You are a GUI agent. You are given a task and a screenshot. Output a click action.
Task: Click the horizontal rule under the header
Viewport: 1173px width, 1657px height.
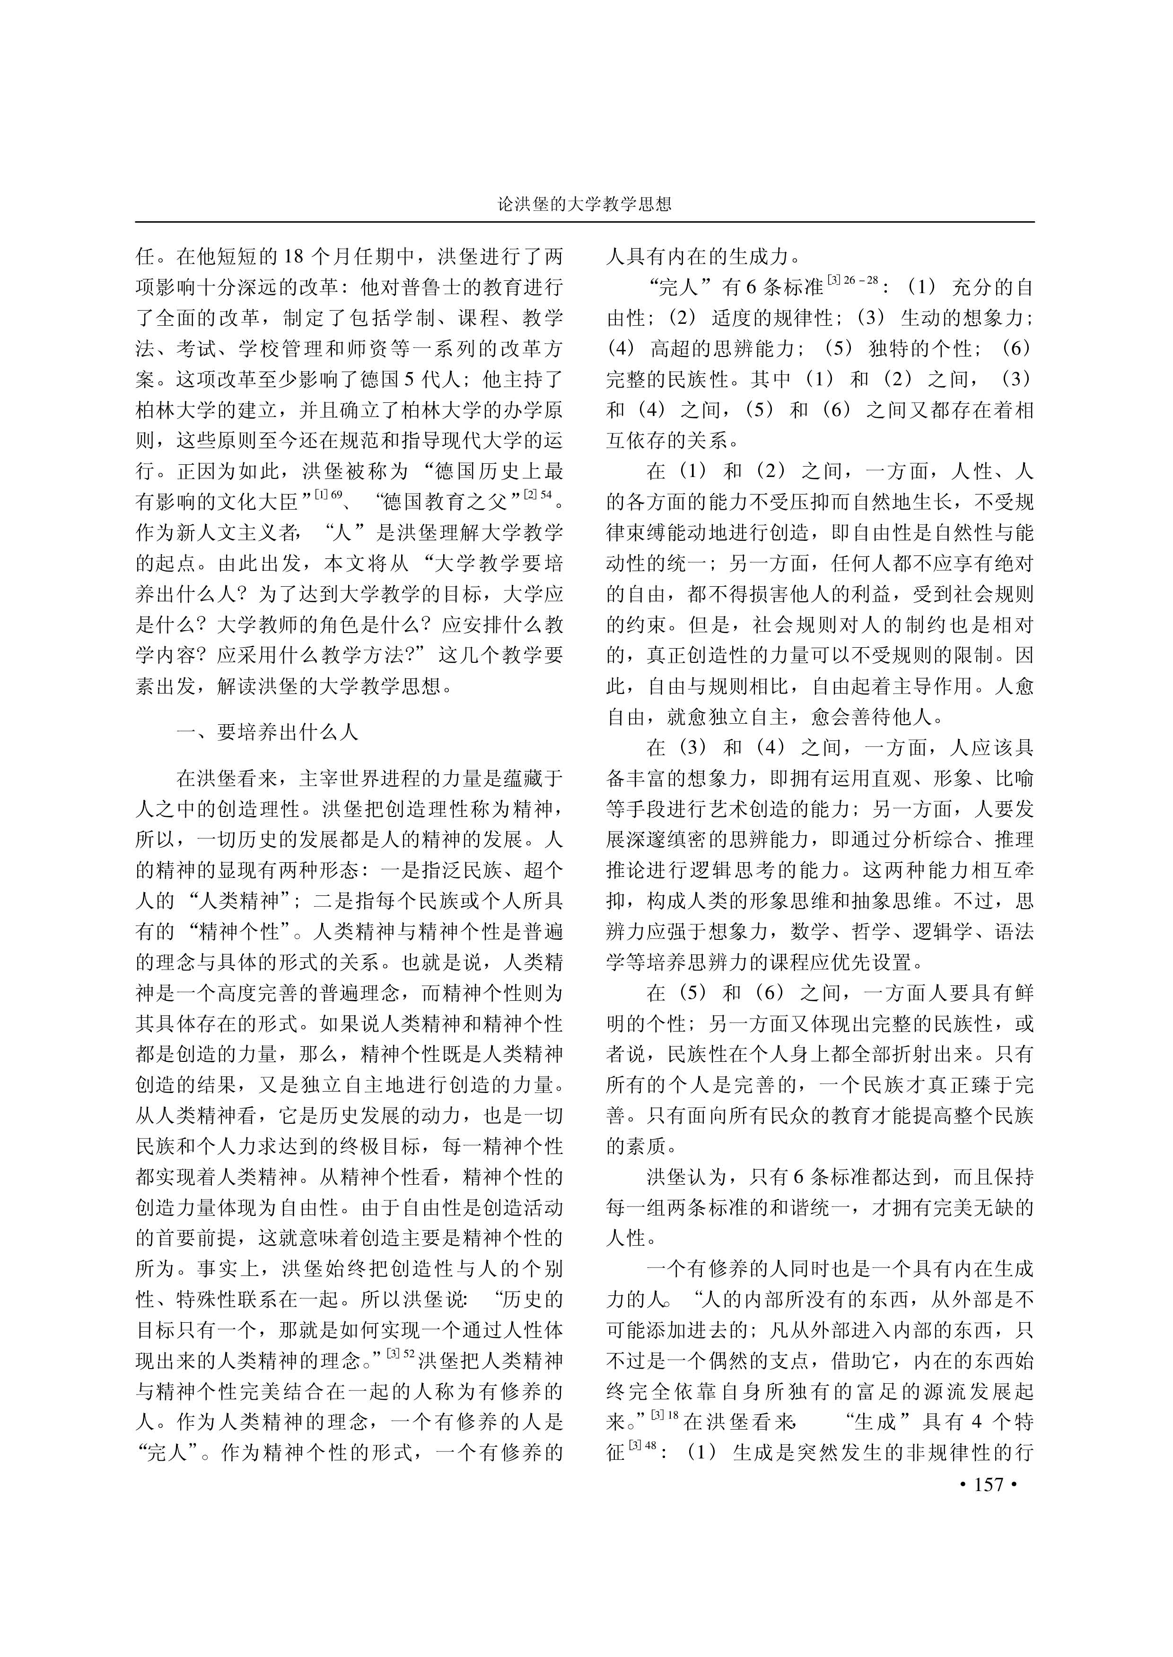586,222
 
